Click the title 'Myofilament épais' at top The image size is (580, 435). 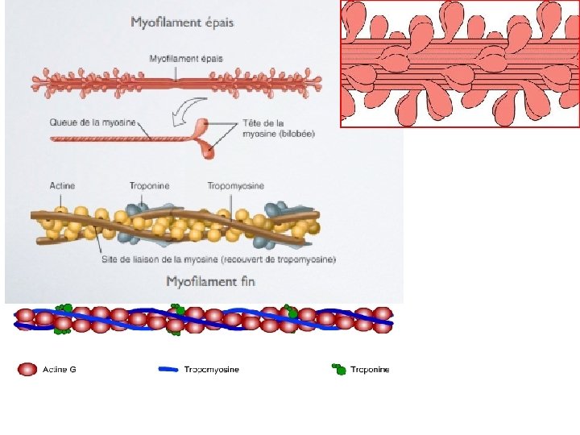(x=182, y=23)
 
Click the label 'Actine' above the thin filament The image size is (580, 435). (x=61, y=186)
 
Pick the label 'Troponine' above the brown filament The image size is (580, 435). (x=149, y=186)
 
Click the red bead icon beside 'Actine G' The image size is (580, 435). (x=27, y=370)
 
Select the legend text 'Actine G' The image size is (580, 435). (x=59, y=370)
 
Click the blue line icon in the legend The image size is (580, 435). (x=168, y=370)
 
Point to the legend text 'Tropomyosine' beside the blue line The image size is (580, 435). (x=211, y=370)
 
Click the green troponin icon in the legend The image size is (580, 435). (x=339, y=370)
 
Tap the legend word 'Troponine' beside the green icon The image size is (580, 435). (x=369, y=370)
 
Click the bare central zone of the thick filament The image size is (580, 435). (x=179, y=81)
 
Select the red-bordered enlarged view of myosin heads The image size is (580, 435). (x=460, y=64)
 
